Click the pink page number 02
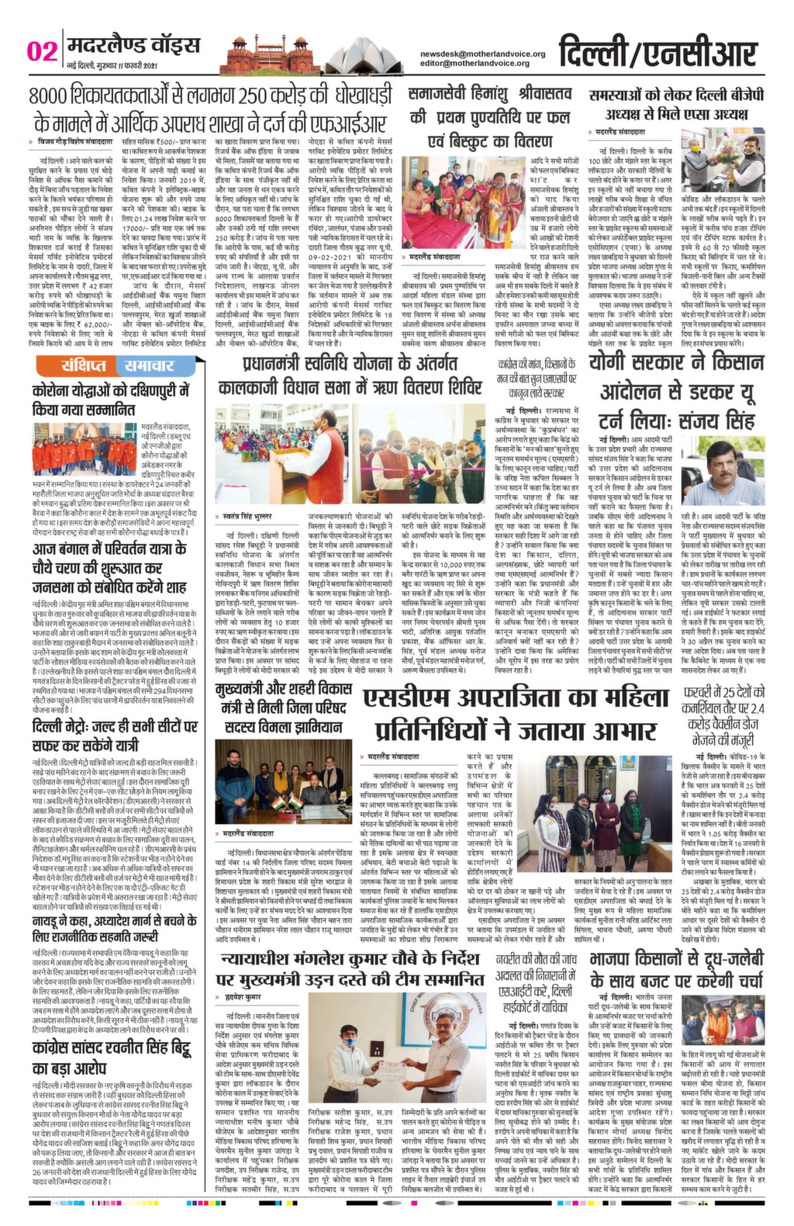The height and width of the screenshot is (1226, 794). click(42, 51)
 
